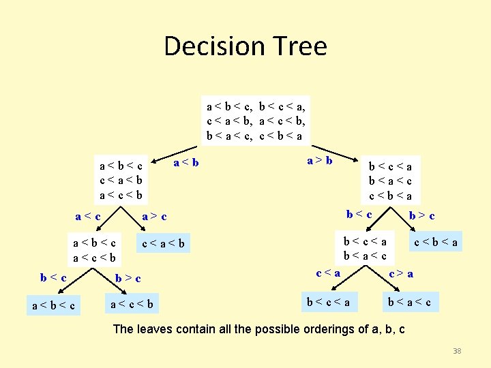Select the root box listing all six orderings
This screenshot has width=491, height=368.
[x=256, y=120]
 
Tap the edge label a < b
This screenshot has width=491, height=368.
[x=187, y=162]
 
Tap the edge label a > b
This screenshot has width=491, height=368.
[x=320, y=161]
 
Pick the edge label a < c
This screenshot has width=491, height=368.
[x=89, y=217]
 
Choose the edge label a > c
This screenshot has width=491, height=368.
[x=154, y=217]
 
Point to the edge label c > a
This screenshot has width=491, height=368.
[x=400, y=274]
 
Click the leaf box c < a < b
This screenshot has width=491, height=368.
[x=164, y=244]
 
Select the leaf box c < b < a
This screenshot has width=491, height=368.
[x=437, y=241]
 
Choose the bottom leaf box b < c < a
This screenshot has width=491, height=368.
[x=329, y=301]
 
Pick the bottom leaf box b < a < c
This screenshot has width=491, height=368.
[x=410, y=301]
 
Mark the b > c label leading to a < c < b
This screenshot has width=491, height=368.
[x=128, y=278]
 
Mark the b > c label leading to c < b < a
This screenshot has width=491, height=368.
[x=422, y=216]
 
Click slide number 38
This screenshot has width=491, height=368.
[x=457, y=351]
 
